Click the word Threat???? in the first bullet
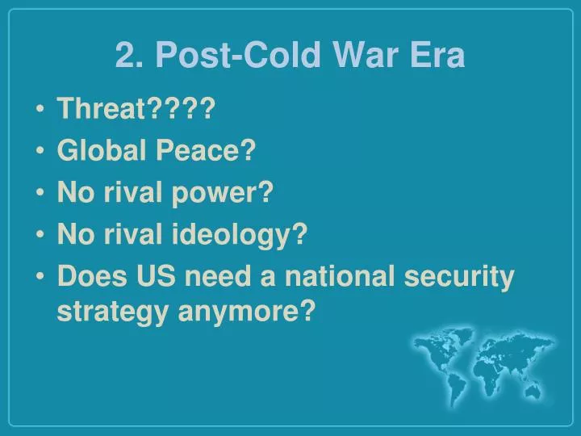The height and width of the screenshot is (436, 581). point(135,109)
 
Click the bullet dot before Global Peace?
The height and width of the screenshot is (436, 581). point(40,152)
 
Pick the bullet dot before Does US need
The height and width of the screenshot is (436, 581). point(40,278)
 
